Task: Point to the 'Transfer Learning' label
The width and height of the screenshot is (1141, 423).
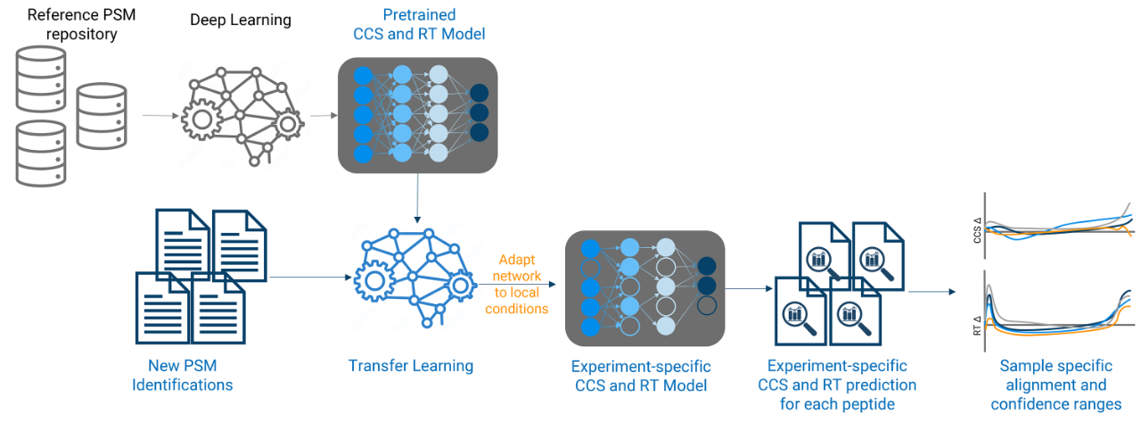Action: [411, 366]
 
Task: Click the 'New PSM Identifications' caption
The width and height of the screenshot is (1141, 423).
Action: [183, 376]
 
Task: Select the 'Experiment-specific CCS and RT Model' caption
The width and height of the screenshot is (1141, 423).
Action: [641, 376]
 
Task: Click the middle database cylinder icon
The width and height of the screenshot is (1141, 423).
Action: [101, 116]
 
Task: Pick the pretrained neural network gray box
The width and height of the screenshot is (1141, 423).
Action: [417, 115]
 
